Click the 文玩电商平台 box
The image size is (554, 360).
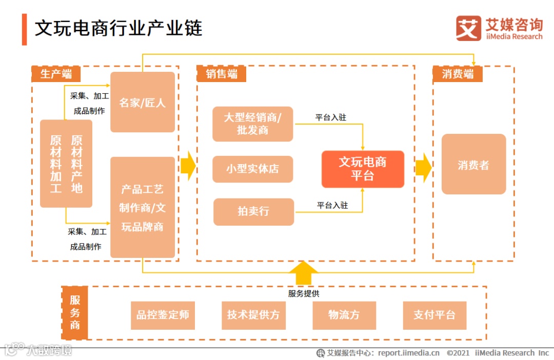(363, 169)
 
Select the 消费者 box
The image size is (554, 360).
(473, 165)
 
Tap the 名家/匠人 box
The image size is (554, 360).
(143, 103)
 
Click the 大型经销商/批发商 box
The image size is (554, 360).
(252, 124)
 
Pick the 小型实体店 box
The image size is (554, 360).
(252, 169)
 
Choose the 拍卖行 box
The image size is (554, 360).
(253, 211)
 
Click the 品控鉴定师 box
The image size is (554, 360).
(163, 315)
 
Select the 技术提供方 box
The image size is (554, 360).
(253, 315)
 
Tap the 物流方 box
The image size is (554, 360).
(344, 315)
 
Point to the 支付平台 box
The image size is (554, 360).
(434, 315)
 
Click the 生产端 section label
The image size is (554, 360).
(56, 74)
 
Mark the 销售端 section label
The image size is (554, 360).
(222, 74)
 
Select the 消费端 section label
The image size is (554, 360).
(458, 74)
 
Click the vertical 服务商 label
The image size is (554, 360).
(75, 312)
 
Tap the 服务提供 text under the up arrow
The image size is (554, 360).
(304, 294)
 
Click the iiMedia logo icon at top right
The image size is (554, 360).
(468, 28)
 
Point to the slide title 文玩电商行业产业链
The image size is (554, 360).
(118, 28)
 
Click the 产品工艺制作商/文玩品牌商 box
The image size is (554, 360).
(143, 208)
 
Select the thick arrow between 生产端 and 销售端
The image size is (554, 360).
(188, 166)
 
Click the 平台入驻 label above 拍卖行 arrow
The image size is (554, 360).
(332, 205)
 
